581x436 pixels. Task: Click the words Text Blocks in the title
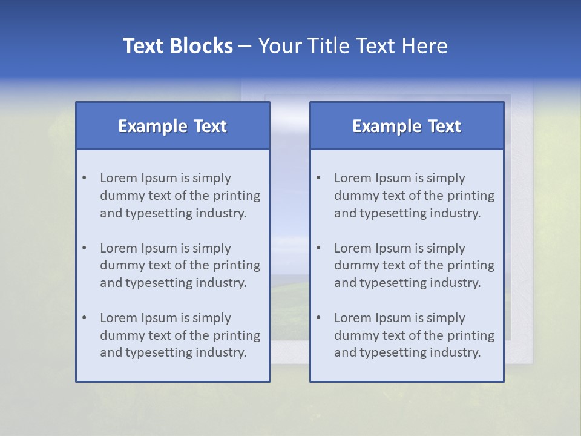pos(177,46)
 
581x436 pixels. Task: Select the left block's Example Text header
pos(172,126)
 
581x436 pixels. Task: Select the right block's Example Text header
pos(407,126)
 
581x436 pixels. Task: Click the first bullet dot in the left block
pos(84,178)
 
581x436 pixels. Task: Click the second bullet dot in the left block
pos(84,248)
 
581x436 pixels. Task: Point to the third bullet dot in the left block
pos(84,318)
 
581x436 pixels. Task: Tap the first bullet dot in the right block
pos(318,178)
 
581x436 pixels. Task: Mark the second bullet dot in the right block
pos(318,248)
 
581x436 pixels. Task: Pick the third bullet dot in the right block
pos(318,318)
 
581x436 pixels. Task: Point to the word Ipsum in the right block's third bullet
pos(394,318)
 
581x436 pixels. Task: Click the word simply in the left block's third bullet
pos(212,318)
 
